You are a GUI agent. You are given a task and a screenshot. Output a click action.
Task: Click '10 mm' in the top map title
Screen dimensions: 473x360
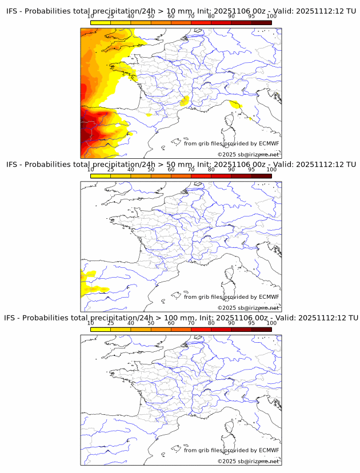pyautogui.click(x=174, y=10)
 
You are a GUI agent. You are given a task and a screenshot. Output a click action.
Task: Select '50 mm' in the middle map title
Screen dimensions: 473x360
pyautogui.click(x=174, y=164)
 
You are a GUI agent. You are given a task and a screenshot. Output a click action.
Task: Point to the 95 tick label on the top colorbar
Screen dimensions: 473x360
pyautogui.click(x=251, y=17)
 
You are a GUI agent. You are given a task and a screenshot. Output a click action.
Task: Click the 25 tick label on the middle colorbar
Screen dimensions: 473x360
pyautogui.click(x=111, y=170)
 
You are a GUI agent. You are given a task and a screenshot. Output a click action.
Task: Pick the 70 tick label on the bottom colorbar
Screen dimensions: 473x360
pyautogui.click(x=191, y=323)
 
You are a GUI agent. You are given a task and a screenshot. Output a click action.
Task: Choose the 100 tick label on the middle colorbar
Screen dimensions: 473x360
pyautogui.click(x=271, y=170)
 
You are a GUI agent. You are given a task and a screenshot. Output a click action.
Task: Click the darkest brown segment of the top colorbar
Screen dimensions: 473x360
pyautogui.click(x=261, y=22)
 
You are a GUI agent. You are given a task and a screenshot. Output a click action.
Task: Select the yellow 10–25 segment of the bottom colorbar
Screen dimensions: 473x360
pyautogui.click(x=101, y=330)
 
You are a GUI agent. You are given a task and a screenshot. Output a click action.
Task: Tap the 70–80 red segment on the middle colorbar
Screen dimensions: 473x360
pyautogui.click(x=201, y=176)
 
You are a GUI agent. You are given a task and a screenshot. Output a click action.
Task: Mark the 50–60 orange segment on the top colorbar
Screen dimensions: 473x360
pyautogui.click(x=161, y=22)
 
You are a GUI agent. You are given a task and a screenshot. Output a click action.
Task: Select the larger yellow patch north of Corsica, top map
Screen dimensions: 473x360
pyautogui.click(x=234, y=104)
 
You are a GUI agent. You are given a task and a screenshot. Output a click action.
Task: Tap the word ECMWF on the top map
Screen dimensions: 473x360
pyautogui.click(x=269, y=143)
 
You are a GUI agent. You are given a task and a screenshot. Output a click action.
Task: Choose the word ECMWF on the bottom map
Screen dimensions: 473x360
pyautogui.click(x=269, y=450)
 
